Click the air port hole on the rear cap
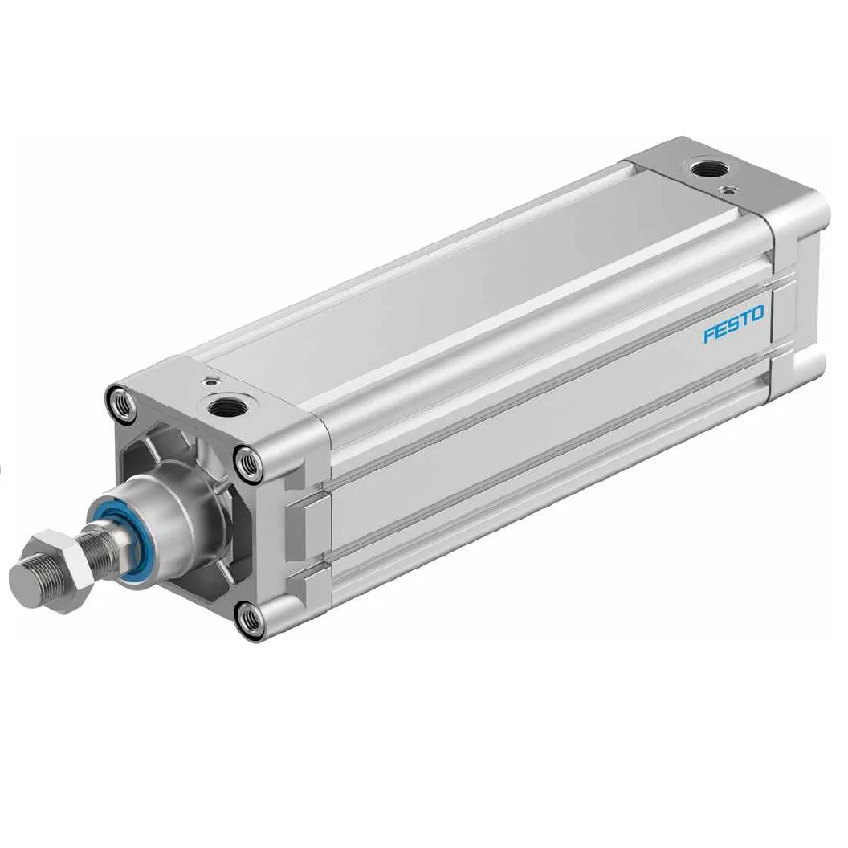click(x=706, y=169)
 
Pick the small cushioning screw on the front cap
click(x=208, y=381)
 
